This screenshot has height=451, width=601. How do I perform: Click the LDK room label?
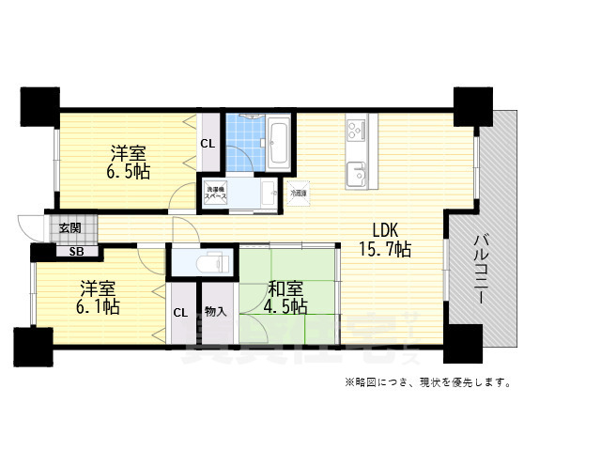pos(386,229)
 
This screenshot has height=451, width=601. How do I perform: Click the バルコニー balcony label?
pos(479,267)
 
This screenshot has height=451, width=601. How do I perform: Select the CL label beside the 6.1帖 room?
pos(178,313)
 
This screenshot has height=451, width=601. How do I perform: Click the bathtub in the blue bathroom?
pos(278,143)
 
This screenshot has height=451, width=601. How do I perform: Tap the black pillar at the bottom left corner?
pos(33,347)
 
